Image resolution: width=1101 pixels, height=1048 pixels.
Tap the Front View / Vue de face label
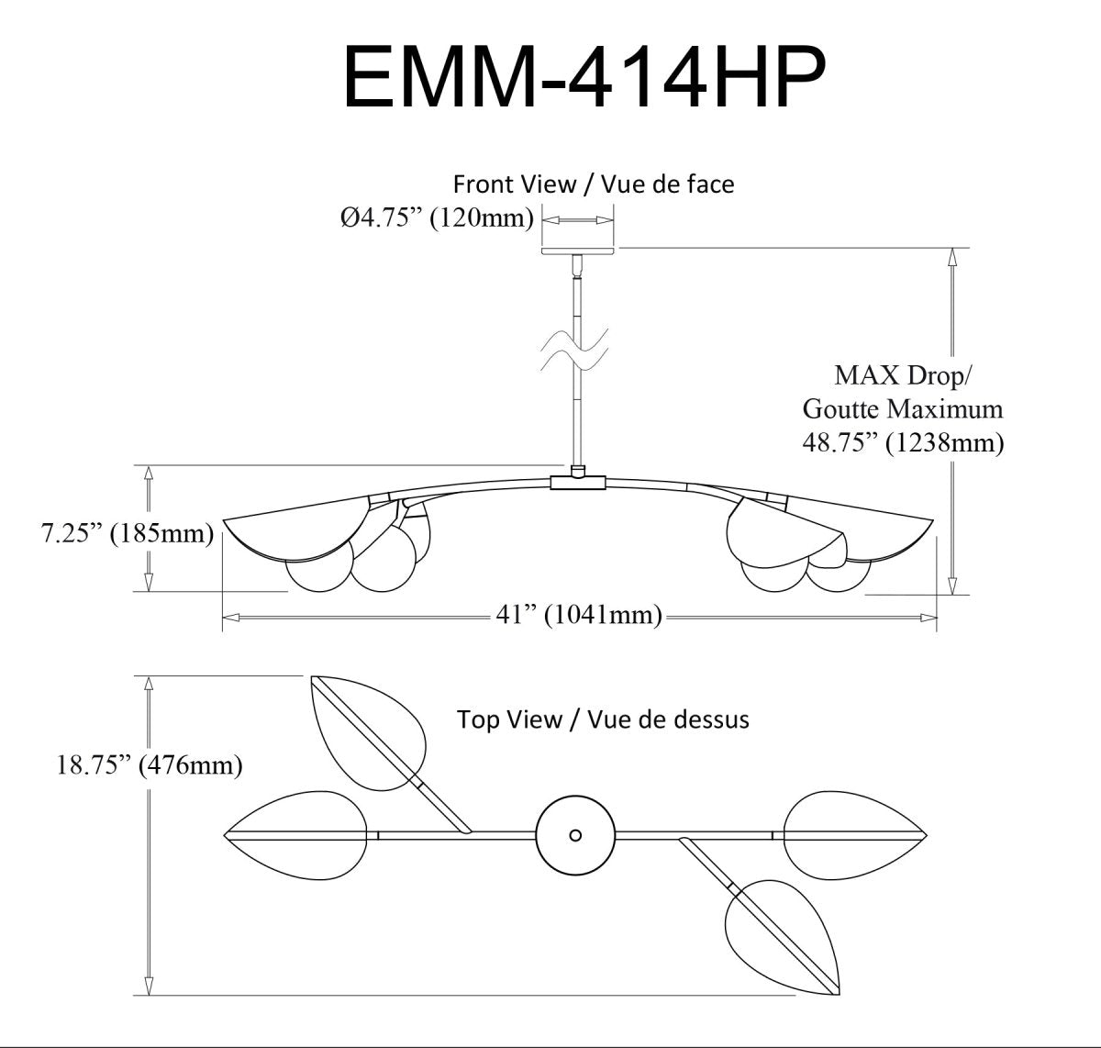pos(594,184)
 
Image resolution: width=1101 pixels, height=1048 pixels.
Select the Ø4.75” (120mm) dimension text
pos(437,219)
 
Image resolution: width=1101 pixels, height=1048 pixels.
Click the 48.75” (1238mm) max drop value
pos(903,442)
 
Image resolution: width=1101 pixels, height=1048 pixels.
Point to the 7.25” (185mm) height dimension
pos(127,533)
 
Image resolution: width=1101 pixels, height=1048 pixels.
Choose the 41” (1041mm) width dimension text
pos(579,615)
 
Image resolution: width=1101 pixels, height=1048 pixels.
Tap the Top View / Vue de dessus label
pos(603,719)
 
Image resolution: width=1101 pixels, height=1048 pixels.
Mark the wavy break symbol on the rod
pos(575,351)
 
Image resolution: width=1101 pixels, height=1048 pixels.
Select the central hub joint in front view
pos(578,481)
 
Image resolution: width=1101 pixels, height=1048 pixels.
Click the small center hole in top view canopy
pos(575,835)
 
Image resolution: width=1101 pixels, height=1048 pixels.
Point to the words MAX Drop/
pos(903,375)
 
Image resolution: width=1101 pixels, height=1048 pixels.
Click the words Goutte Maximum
pos(903,408)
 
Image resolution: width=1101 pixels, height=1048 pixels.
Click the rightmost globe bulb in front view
pos(840,575)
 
